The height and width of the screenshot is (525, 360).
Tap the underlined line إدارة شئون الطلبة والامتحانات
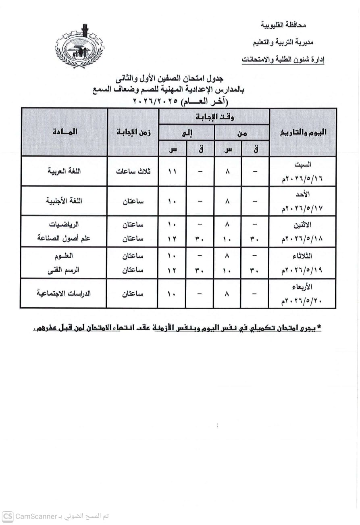coord(283,60)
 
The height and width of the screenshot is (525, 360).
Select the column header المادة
coord(65,132)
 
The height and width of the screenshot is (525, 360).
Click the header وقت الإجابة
coord(214,117)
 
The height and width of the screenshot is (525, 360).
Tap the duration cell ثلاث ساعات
coord(133,171)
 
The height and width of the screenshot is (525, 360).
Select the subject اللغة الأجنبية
coord(65,200)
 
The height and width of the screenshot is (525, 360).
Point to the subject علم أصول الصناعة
coord(64,238)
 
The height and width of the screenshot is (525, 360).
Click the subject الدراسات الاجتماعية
coord(64,294)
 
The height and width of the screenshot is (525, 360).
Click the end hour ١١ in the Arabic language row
coord(173,171)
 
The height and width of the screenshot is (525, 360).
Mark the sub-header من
coord(242,133)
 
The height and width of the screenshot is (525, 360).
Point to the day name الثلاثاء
coord(303,256)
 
